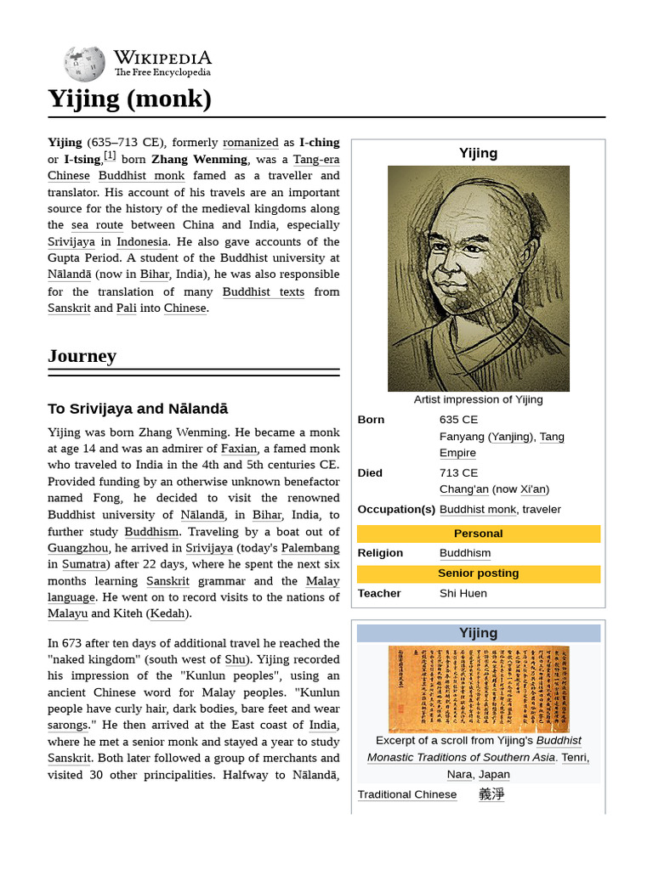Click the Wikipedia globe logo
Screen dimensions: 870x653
coord(84,64)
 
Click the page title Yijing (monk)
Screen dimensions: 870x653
coord(129,99)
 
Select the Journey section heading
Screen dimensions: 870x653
coord(82,356)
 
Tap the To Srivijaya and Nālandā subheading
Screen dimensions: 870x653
coord(138,409)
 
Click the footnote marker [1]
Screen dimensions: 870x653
coord(110,155)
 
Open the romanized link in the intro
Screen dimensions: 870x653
coord(250,143)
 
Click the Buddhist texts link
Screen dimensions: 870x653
coord(263,291)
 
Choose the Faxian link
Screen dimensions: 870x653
coord(238,449)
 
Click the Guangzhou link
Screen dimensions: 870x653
coord(77,548)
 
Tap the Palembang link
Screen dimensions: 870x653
coord(310,548)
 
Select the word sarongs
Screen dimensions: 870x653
coord(67,725)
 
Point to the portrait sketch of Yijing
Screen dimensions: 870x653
coord(478,278)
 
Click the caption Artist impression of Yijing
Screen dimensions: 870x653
coord(478,399)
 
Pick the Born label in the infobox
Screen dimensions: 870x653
coord(371,420)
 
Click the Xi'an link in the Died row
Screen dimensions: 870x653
coord(533,489)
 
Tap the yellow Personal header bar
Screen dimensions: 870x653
coord(478,534)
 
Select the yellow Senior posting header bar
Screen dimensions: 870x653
coord(478,573)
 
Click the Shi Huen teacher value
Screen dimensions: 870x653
coord(463,593)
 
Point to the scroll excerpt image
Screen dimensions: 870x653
coord(478,689)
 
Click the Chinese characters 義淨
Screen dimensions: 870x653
coord(491,794)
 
